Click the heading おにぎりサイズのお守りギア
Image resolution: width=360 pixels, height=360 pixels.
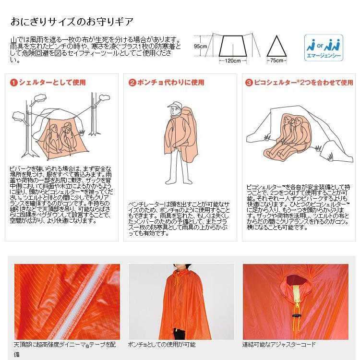click(x=72, y=22)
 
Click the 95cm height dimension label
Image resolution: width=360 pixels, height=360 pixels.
click(x=200, y=47)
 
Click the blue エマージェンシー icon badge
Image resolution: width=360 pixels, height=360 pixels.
click(x=324, y=47)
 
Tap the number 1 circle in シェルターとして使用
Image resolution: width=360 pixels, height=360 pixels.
click(x=14, y=83)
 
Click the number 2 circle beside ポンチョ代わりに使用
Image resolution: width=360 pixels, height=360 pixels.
click(x=132, y=83)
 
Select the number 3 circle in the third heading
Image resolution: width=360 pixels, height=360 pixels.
click(x=249, y=83)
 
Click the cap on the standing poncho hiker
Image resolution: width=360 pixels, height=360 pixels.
click(x=174, y=105)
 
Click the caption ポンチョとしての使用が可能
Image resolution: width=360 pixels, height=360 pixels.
click(x=162, y=345)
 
